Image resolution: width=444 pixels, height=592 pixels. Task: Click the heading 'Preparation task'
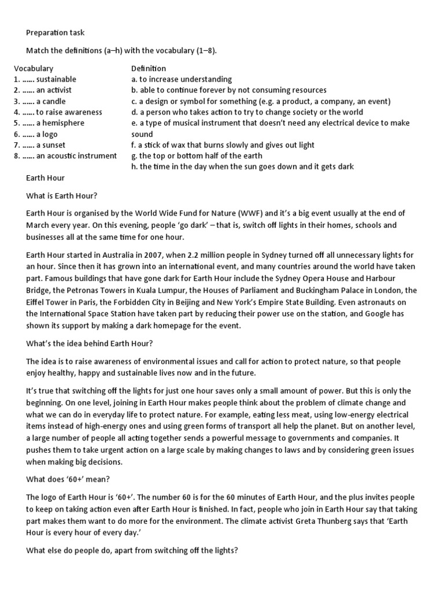tap(55, 33)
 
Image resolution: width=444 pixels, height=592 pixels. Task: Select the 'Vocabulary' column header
tap(34, 68)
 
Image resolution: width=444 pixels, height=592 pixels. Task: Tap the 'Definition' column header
tap(149, 68)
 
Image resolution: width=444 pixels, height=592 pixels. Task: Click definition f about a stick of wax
tap(223, 145)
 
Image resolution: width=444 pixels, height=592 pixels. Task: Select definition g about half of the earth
tap(197, 156)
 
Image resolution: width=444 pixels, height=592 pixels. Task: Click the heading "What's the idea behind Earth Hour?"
tap(90, 343)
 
